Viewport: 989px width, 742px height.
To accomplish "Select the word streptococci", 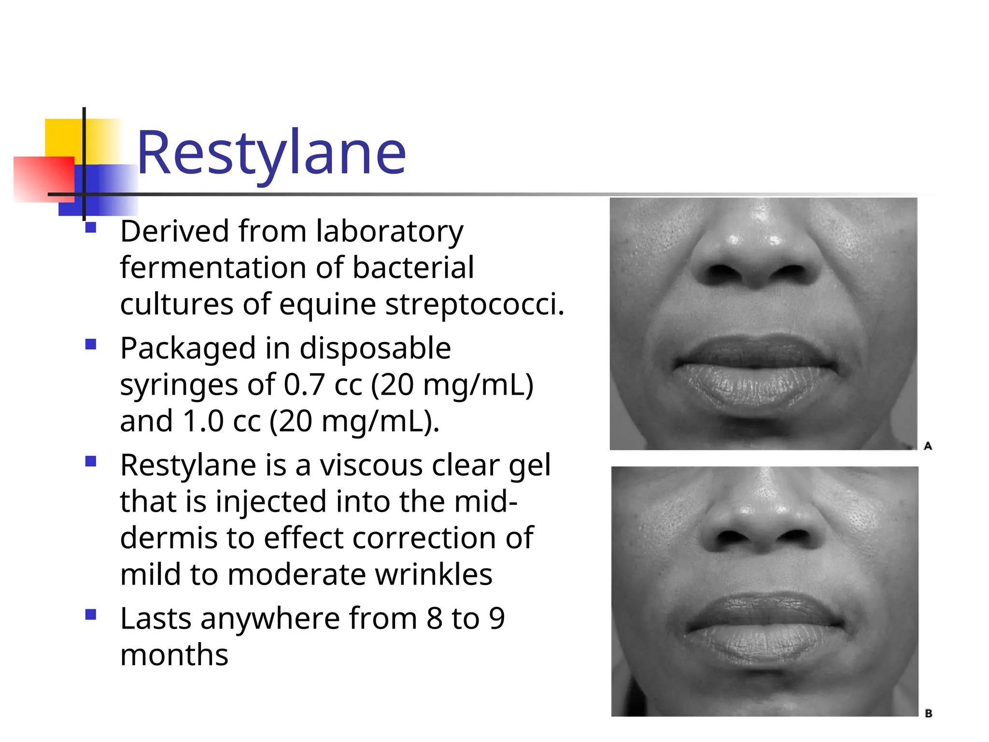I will tap(474, 305).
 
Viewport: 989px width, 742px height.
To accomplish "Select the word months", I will tap(174, 656).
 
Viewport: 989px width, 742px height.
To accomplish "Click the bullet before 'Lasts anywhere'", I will tap(90, 615).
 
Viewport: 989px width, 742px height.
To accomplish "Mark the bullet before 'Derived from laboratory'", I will tap(90, 228).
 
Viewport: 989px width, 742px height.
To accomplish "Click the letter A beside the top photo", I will tap(928, 446).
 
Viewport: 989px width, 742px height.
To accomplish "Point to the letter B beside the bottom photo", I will tap(928, 713).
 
